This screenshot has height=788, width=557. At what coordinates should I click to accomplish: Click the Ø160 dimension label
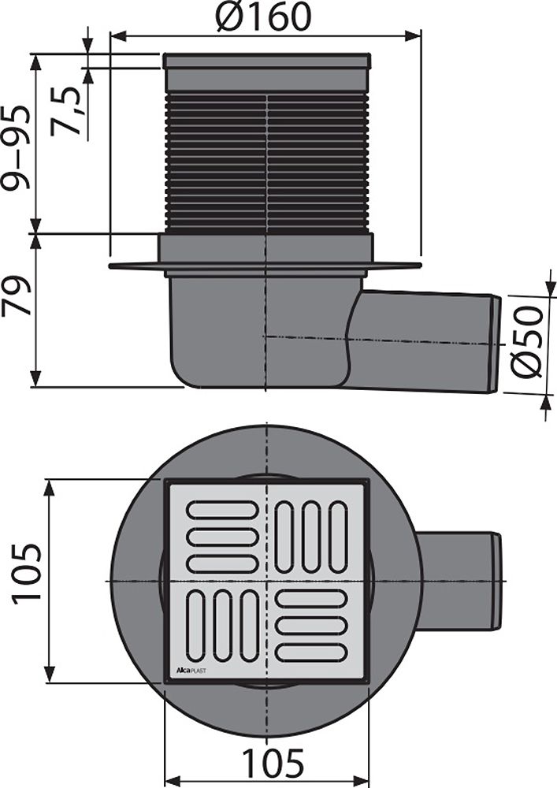[265, 17]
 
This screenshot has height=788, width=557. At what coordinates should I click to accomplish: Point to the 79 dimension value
[17, 295]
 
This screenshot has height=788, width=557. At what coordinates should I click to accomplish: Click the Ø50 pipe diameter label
[527, 340]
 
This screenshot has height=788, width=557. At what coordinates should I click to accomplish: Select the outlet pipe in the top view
[457, 581]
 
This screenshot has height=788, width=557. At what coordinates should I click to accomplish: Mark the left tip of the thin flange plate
[113, 266]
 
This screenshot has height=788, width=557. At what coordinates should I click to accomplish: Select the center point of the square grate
[267, 581]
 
